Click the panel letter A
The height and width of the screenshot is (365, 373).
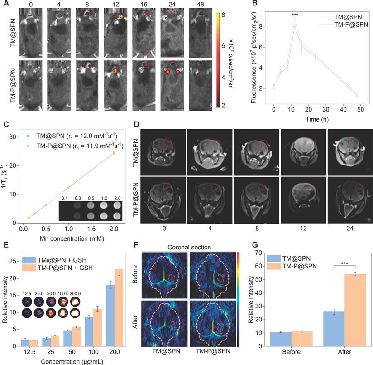pyautogui.click(x=4, y=4)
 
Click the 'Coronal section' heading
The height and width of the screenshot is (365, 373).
pyautogui.click(x=188, y=247)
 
